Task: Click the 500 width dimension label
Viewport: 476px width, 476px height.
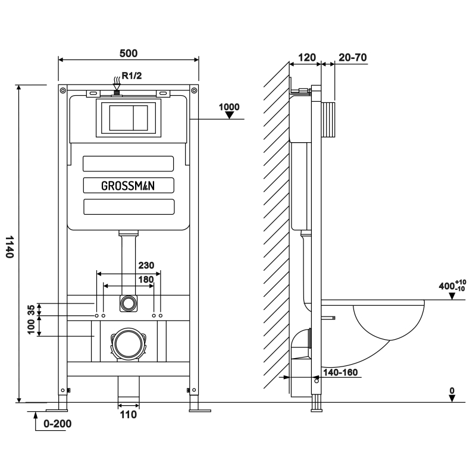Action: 128,53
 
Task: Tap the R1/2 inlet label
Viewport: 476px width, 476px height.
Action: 131,75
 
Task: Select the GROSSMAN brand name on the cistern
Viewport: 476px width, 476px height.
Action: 128,185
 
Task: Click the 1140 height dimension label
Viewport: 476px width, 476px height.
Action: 9,246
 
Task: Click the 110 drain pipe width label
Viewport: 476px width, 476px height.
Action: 128,414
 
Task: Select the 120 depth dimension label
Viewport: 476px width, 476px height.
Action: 306,58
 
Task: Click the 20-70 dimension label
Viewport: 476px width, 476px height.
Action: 352,58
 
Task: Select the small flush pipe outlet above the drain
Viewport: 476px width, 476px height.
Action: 127,303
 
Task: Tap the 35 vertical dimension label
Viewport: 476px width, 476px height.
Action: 32,309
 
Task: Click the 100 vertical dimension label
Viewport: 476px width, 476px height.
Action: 32,327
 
